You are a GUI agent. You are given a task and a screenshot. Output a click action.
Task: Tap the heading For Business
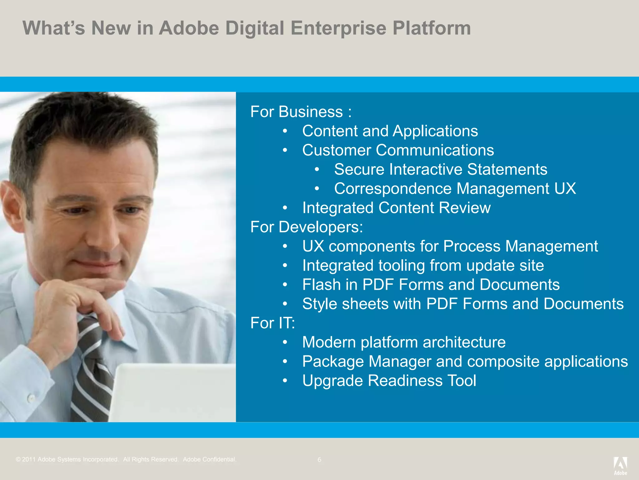click(x=301, y=112)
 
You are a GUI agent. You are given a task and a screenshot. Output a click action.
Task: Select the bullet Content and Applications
click(x=390, y=131)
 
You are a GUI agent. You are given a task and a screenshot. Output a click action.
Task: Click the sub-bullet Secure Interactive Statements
click(x=440, y=169)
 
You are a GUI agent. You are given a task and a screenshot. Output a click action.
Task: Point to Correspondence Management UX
click(x=455, y=188)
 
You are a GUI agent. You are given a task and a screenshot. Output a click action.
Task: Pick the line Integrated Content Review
click(x=396, y=208)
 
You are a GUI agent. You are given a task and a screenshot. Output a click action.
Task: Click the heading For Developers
click(x=306, y=227)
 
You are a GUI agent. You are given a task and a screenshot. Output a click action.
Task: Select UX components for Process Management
click(x=450, y=246)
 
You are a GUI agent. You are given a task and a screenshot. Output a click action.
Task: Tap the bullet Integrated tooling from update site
click(x=423, y=266)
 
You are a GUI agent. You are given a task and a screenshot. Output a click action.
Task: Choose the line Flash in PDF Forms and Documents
click(x=431, y=285)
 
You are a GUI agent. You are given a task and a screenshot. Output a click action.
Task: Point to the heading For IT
click(x=272, y=323)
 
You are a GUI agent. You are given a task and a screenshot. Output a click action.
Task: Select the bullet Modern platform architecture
click(x=404, y=342)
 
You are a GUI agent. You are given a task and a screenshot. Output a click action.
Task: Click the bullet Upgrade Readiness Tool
click(x=389, y=381)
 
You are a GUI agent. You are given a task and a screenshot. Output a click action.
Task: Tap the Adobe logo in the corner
click(x=620, y=466)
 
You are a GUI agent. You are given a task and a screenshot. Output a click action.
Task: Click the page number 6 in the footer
click(x=319, y=460)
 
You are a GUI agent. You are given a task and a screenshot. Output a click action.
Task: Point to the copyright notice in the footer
click(x=126, y=460)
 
